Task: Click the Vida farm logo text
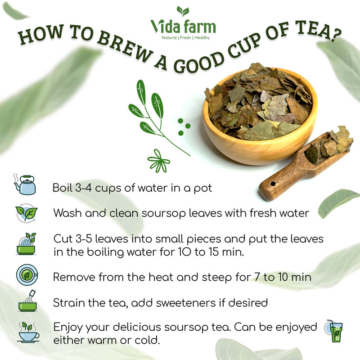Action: [x=183, y=27]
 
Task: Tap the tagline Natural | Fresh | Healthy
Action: [x=186, y=38]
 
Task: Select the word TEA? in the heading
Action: [x=318, y=31]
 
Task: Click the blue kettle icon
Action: [x=25, y=184]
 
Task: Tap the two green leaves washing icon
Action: [x=27, y=213]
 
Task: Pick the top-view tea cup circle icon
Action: [x=27, y=275]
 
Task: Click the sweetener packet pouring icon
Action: [x=27, y=301]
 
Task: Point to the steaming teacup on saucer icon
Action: [x=28, y=332]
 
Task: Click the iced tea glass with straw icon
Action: [x=333, y=331]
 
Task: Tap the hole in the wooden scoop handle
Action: [x=273, y=184]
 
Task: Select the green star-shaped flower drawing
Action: [x=158, y=161]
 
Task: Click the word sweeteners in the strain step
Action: [x=186, y=302]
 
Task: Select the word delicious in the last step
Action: [x=137, y=327]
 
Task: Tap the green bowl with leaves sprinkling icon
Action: [x=27, y=243]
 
